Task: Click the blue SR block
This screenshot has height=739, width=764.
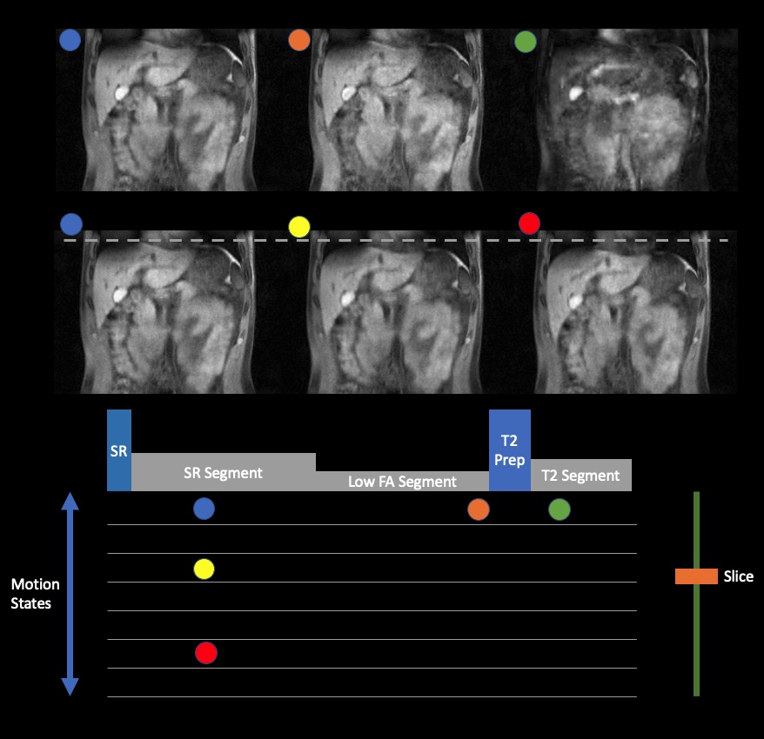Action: [x=119, y=450]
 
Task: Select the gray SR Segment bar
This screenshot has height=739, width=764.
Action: [x=223, y=472]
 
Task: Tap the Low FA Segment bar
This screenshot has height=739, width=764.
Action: [x=402, y=482]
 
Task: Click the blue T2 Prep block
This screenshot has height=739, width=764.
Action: [x=509, y=450]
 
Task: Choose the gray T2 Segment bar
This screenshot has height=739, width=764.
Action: [x=580, y=476]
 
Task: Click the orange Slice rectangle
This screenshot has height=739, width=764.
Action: [x=696, y=576]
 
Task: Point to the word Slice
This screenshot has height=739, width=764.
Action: [x=738, y=576]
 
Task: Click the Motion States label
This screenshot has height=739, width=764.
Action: [x=30, y=593]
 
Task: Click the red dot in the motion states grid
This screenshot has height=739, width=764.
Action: [x=205, y=653]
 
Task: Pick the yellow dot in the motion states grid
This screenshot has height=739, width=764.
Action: [x=204, y=569]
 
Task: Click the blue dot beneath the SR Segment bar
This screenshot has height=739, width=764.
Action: [x=204, y=509]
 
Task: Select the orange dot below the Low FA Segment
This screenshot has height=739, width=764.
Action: [x=478, y=510]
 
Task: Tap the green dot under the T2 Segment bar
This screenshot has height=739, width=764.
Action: [x=560, y=510]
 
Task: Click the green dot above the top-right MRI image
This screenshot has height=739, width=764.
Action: [x=526, y=41]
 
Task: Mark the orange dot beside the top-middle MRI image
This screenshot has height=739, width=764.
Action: [x=298, y=40]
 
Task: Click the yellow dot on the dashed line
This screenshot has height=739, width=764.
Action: [x=298, y=227]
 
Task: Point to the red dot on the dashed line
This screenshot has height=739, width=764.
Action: [x=529, y=223]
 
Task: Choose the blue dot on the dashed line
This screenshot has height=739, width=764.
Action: [x=71, y=223]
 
